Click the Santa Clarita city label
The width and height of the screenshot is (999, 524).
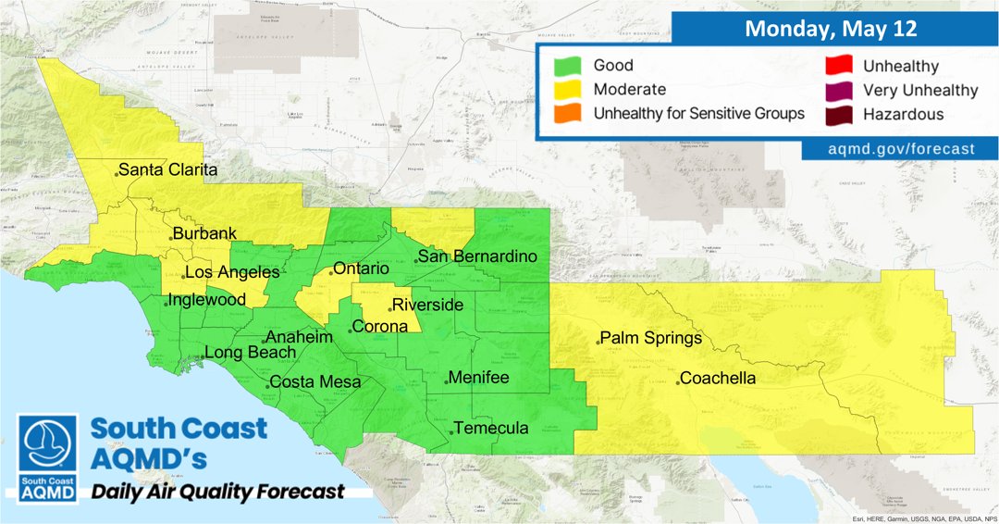167,170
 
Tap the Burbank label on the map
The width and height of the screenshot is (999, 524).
206,234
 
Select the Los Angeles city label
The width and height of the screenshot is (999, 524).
233,272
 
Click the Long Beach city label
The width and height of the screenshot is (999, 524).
250,353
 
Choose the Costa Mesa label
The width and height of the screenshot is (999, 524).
314,382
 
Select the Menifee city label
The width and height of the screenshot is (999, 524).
479,378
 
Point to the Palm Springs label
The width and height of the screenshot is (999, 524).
650,339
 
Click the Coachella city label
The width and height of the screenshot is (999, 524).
719,379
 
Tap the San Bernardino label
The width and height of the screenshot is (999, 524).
476,256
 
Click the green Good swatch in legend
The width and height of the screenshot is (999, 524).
565,67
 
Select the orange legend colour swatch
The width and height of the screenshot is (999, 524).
565,114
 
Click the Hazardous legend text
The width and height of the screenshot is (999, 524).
903,115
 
